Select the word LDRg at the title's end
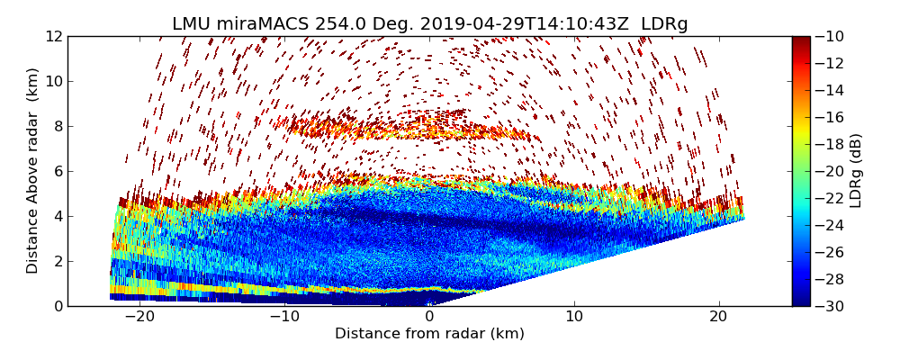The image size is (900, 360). click(x=664, y=24)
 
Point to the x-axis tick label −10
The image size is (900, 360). click(x=283, y=318)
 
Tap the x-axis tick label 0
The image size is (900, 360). click(x=430, y=318)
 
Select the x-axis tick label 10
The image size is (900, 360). click(x=574, y=318)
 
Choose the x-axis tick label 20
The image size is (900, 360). click(x=718, y=318)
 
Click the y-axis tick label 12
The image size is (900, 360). click(x=53, y=37)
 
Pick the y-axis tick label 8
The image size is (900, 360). click(x=58, y=127)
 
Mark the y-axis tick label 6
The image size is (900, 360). click(x=58, y=172)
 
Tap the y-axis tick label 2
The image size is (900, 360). click(x=58, y=262)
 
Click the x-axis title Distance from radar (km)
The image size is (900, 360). click(x=429, y=334)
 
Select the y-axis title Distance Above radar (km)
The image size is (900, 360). click(x=33, y=171)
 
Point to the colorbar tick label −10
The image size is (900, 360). click(x=833, y=37)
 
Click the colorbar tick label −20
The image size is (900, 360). click(x=833, y=172)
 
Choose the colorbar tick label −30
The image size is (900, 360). click(x=833, y=306)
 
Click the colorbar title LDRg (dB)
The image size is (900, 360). click(x=857, y=171)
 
